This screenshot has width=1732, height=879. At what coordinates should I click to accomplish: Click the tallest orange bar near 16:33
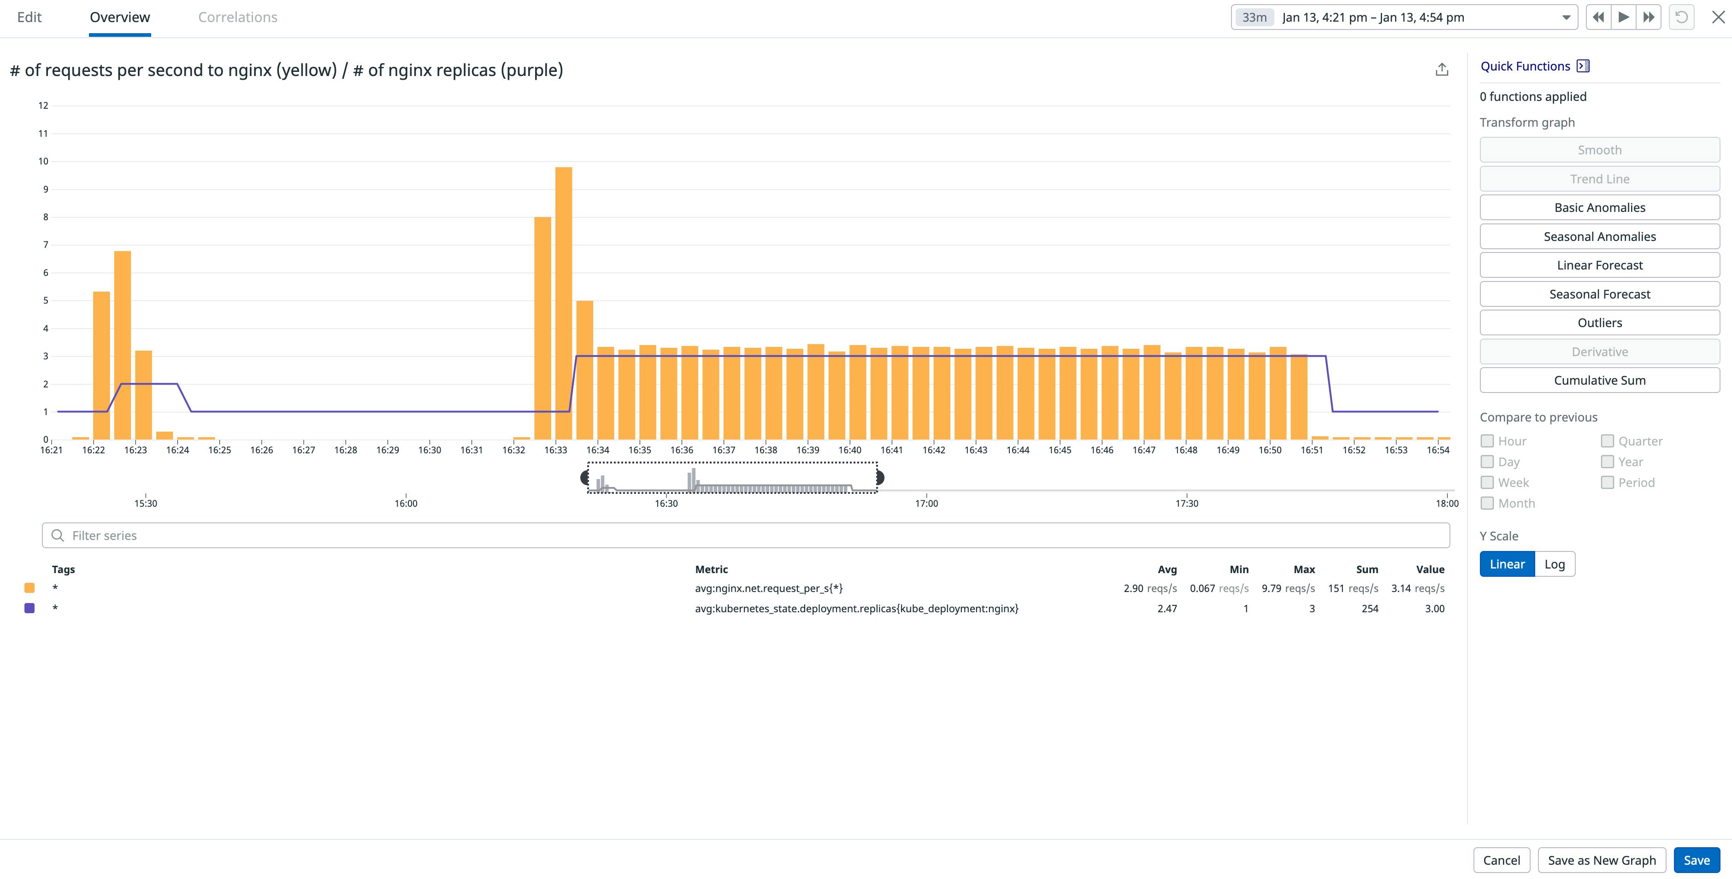point(564,302)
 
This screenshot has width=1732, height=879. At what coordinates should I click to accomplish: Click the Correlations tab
point(237,18)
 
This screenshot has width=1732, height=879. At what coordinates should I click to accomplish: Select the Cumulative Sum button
point(1599,381)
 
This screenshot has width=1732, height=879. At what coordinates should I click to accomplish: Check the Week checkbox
point(1487,482)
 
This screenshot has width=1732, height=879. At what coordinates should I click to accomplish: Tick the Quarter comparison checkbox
point(1607,441)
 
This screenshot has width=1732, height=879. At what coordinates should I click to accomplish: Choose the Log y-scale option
point(1554,564)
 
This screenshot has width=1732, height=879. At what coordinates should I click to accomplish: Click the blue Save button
point(1696,860)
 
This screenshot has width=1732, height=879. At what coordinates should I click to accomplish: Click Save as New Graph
point(1601,860)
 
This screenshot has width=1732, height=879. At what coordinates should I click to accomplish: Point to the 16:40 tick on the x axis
point(850,450)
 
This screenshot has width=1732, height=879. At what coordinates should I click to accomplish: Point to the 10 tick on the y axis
point(43,161)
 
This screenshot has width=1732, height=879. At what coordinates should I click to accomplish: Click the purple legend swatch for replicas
point(29,608)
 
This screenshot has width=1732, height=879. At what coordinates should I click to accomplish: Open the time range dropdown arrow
point(1566,18)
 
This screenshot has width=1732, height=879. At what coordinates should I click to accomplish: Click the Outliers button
point(1599,322)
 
